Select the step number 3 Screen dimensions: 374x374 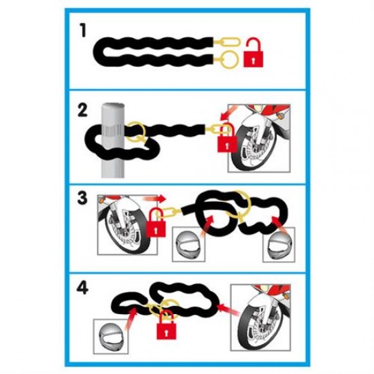click(x=83, y=199)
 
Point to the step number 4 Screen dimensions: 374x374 click(x=83, y=288)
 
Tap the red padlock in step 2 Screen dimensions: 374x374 click(x=225, y=141)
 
